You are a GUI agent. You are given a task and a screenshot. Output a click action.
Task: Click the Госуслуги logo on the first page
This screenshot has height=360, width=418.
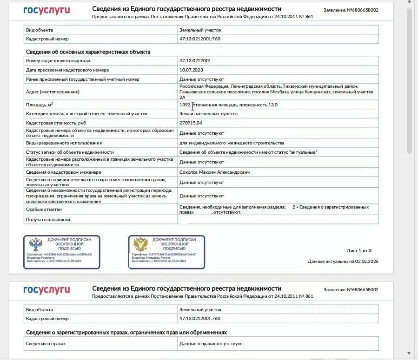pyautogui.click(x=46, y=10)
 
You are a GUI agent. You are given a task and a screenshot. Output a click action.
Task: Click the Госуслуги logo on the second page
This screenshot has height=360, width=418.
pyautogui.click(x=46, y=290)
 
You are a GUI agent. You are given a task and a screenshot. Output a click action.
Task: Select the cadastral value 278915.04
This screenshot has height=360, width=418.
pyautogui.click(x=191, y=123)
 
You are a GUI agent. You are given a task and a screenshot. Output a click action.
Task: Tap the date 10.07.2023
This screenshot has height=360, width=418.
pyautogui.click(x=191, y=70)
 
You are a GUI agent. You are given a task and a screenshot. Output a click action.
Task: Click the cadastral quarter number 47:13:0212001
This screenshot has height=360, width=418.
pyautogui.click(x=195, y=61)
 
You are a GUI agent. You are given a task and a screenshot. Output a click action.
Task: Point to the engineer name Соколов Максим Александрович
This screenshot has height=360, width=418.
pyautogui.click(x=214, y=172)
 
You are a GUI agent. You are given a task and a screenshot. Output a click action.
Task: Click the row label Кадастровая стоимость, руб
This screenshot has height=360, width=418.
pyautogui.click(x=56, y=123)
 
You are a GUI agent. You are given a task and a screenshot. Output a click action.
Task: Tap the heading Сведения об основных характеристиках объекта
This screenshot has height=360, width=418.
pyautogui.click(x=88, y=52)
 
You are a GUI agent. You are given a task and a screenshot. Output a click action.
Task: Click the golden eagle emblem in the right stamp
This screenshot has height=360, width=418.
pyautogui.click(x=140, y=244)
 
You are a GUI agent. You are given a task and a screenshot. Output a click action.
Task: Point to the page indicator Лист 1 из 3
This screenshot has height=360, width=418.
pyautogui.click(x=359, y=251)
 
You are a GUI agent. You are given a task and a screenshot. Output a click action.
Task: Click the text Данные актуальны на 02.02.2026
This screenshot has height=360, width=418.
pyautogui.click(x=343, y=262)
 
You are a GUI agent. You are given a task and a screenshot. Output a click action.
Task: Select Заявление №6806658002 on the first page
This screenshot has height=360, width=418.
pyautogui.click(x=351, y=10)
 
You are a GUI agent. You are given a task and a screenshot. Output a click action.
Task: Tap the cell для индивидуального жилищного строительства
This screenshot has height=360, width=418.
pyautogui.click(x=232, y=143)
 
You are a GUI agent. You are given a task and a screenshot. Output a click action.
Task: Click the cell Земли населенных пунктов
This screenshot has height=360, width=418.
pyautogui.click(x=208, y=114)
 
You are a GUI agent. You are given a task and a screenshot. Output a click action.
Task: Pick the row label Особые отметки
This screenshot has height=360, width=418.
pyautogui.click(x=44, y=209)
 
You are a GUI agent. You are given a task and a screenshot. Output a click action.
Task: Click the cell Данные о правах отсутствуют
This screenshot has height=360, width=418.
pyautogui.click(x=211, y=344)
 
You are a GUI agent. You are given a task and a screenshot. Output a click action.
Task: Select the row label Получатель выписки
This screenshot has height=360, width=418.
pyautogui.click(x=48, y=219)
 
